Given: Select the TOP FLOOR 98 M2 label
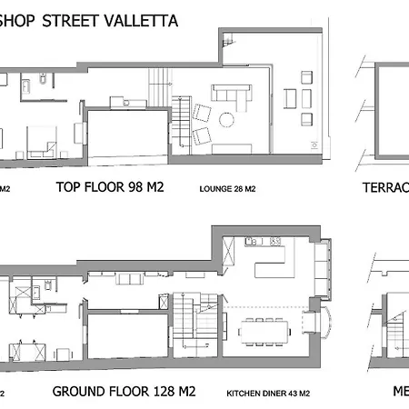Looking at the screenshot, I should click(x=109, y=189).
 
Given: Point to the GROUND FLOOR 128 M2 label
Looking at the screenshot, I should click(x=123, y=392).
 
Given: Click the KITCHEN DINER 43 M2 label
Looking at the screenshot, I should click(x=268, y=393).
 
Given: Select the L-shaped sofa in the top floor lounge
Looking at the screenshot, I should click(x=233, y=95).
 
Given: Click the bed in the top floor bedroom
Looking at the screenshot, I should click(x=44, y=141).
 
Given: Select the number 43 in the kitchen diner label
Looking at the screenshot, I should click(x=294, y=393).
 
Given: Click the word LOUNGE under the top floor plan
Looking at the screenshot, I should click(x=214, y=190).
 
